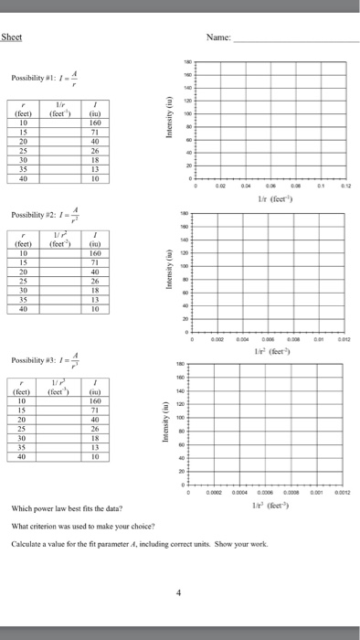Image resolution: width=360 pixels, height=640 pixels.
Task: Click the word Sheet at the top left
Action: tap(14, 37)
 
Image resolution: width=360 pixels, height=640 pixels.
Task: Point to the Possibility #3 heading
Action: tap(37, 384)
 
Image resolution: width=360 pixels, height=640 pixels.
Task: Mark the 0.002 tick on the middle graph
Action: tap(218, 340)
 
